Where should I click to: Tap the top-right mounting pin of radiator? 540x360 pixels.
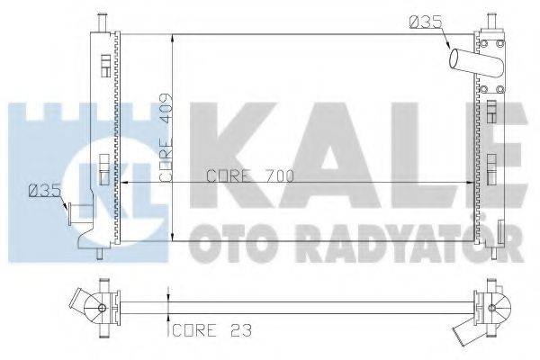490,21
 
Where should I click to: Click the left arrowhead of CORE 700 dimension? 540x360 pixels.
123,183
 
